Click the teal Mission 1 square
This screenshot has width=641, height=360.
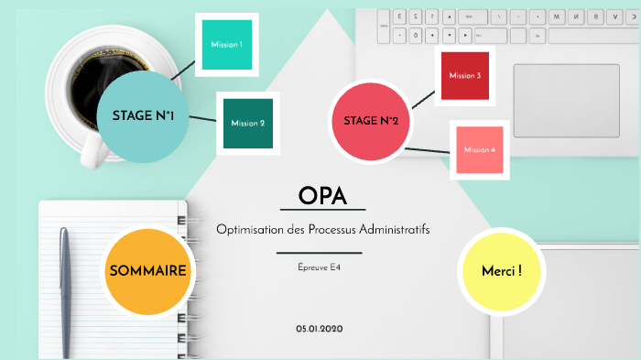tap(225, 45)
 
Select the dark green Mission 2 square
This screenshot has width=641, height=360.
tap(247, 123)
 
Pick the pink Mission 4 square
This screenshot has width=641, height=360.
tap(479, 149)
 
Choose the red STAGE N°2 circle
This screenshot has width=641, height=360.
tap(370, 121)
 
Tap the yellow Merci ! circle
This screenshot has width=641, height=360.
tap(502, 271)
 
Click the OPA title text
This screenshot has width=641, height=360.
tap(321, 196)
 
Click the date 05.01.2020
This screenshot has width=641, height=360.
tap(320, 328)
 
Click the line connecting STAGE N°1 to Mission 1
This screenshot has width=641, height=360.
tap(182, 70)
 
